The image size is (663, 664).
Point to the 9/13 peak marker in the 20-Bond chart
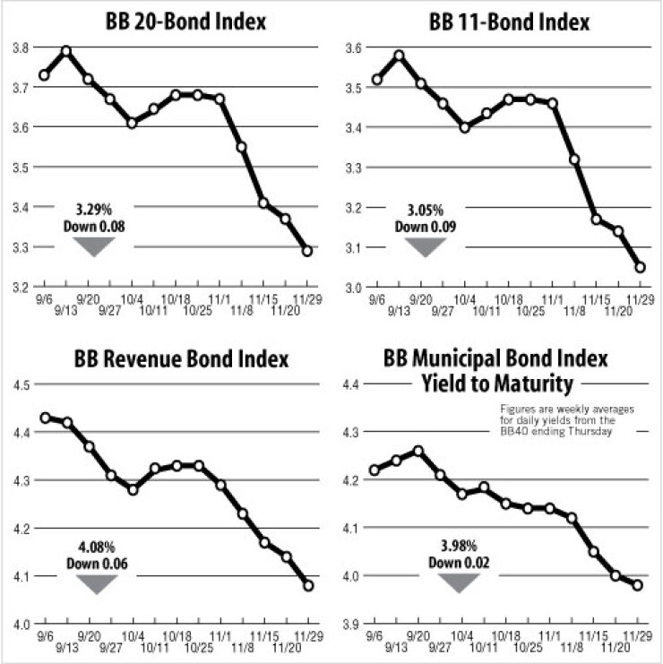65,51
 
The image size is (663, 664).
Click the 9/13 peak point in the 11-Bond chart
400,56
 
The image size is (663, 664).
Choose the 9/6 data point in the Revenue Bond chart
44,418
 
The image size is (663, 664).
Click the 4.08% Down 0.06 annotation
95,556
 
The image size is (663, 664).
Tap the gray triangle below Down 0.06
95,584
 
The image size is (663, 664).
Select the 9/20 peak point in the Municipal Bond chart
418,451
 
